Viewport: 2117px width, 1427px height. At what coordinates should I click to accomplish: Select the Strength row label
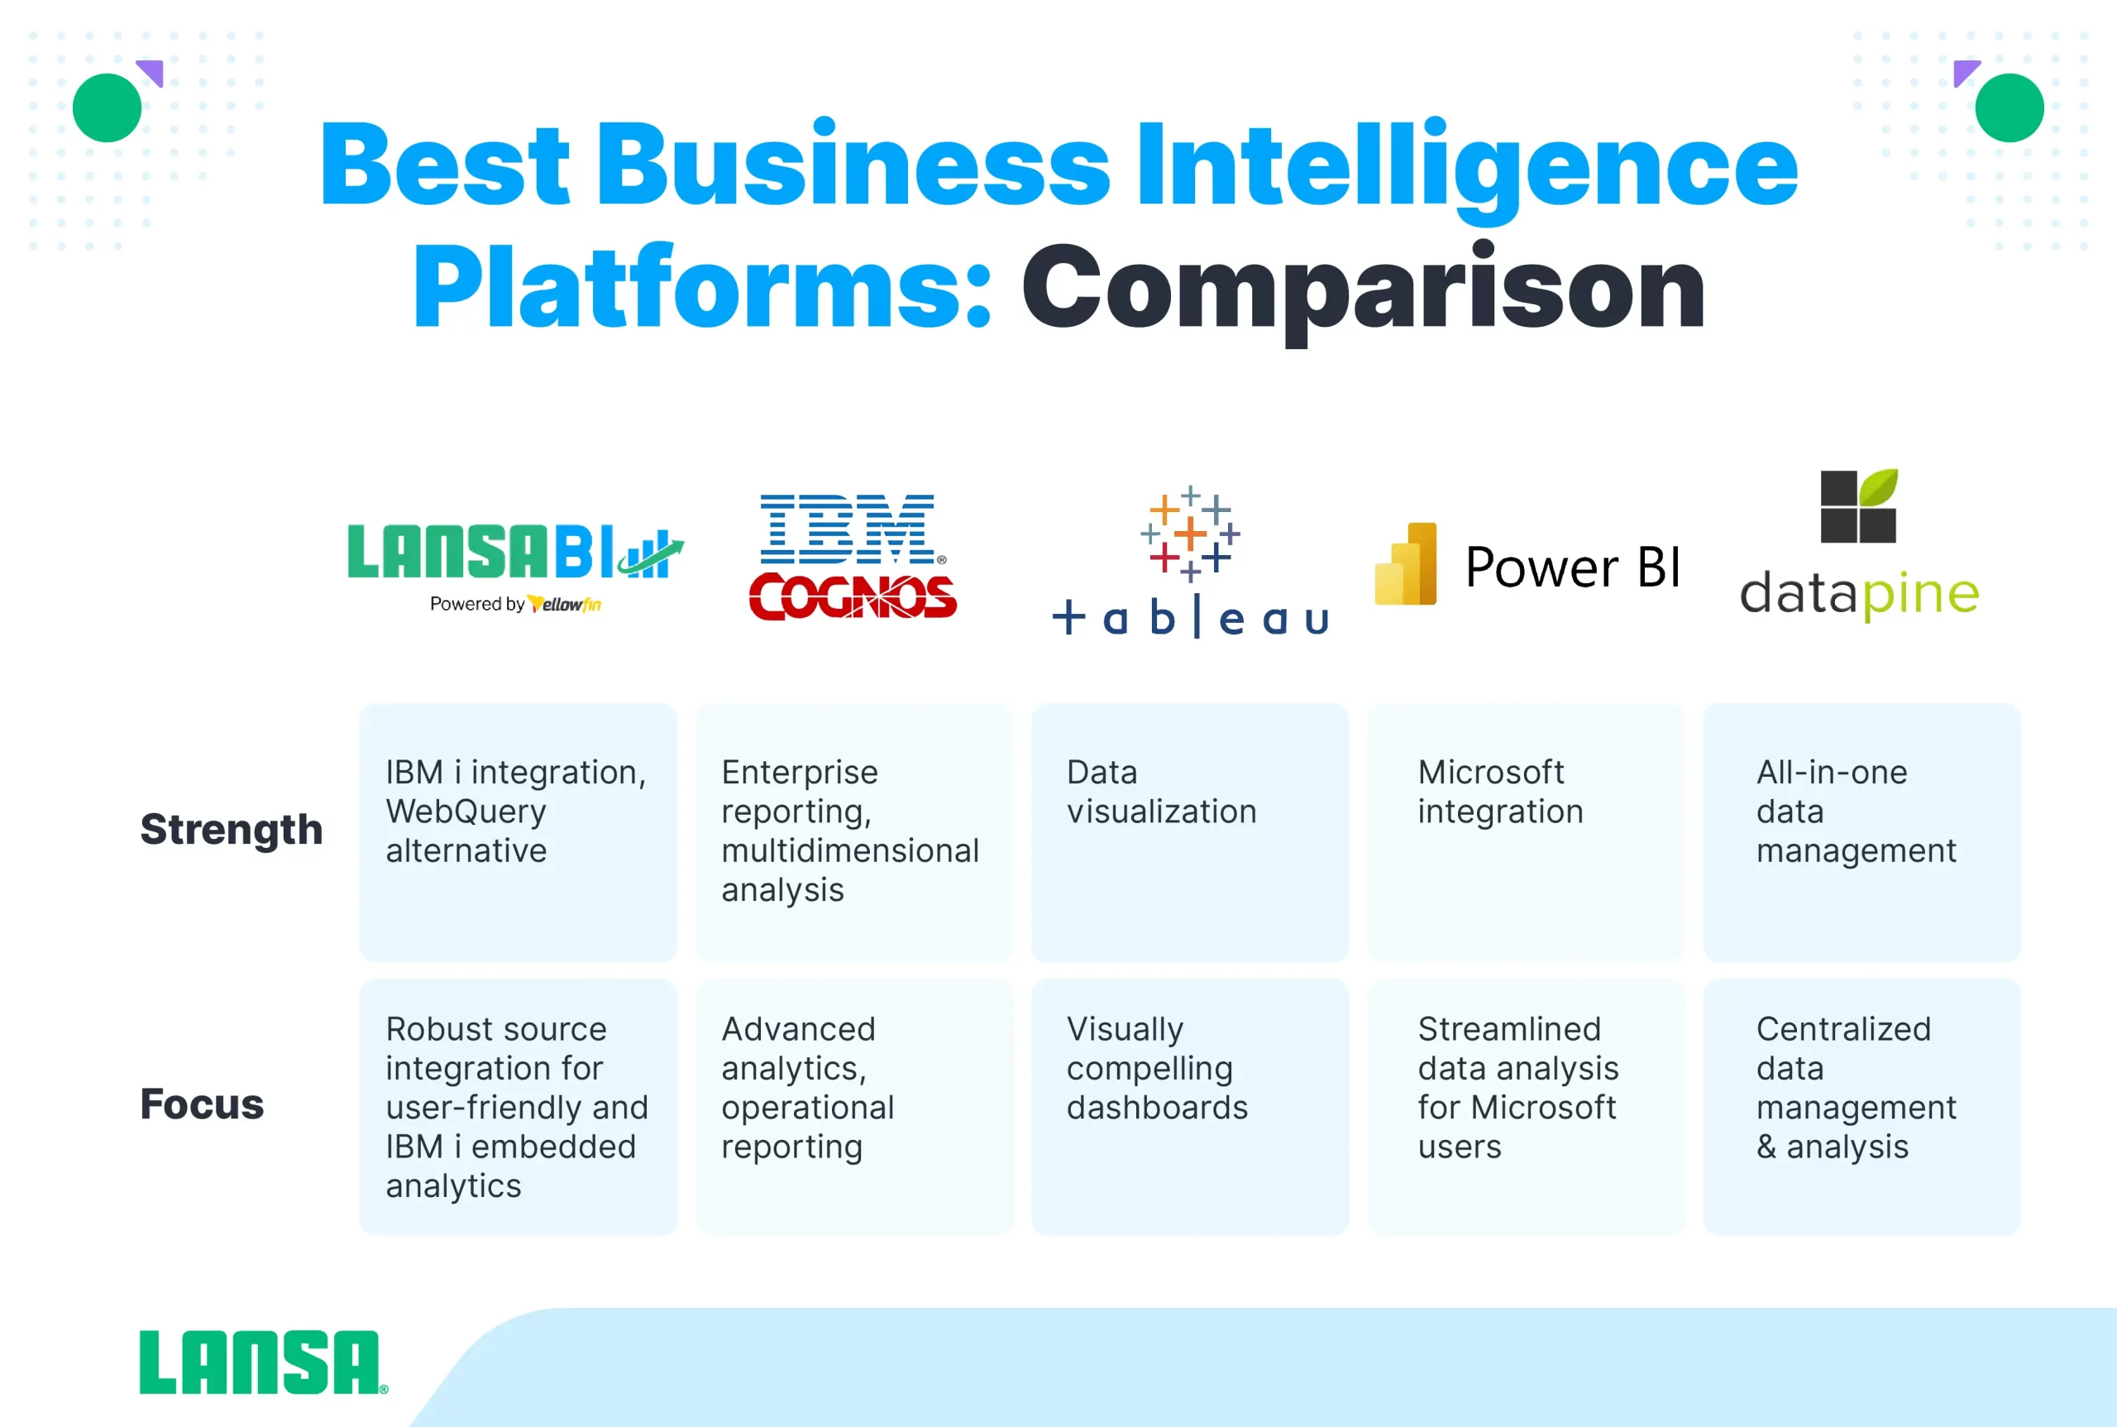[x=231, y=830]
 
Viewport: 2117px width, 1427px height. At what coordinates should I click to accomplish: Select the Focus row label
[x=202, y=1104]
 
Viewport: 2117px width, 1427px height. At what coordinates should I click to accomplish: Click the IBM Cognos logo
[x=853, y=557]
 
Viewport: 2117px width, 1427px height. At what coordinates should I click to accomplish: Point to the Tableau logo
[x=1190, y=562]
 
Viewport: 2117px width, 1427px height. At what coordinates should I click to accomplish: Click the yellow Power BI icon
[x=1406, y=564]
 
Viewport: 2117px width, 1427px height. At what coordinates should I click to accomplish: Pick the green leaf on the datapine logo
[x=1879, y=488]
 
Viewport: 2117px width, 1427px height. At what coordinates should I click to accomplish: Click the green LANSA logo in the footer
[x=263, y=1362]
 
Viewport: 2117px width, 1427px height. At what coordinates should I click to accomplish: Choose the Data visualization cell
[x=1190, y=832]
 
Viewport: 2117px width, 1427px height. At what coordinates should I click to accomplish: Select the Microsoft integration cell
[x=1526, y=832]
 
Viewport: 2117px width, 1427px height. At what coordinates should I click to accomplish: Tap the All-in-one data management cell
[x=1861, y=832]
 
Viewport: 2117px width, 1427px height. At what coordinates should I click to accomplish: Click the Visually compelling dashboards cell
[x=1190, y=1107]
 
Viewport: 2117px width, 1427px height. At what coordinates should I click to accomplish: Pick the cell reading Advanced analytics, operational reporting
[x=854, y=1107]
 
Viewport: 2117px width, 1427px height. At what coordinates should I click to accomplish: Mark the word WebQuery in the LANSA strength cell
[x=466, y=811]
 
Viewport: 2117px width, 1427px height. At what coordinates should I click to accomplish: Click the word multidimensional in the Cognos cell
[x=851, y=850]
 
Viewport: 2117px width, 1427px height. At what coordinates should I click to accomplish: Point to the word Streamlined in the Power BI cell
[x=1509, y=1028]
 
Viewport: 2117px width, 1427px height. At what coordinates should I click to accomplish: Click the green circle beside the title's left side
[x=108, y=108]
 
